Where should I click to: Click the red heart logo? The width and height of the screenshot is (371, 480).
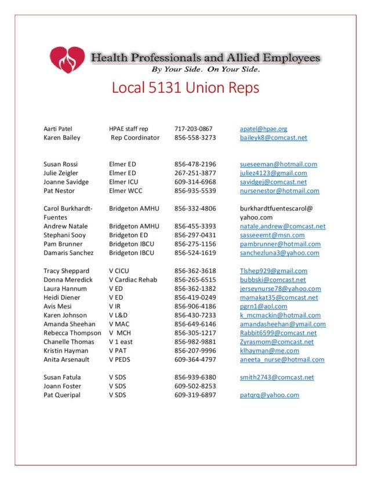pos(67,60)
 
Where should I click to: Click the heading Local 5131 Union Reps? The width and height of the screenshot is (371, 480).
pos(185,88)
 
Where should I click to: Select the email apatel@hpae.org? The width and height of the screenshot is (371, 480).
pos(263,129)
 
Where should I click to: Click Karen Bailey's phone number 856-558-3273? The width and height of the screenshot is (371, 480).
pos(195,138)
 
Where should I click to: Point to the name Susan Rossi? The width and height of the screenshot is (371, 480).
pos(60,165)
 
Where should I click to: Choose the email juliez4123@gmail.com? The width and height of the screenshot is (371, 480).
pos(273,173)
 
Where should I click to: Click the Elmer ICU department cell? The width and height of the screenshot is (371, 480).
pos(123,182)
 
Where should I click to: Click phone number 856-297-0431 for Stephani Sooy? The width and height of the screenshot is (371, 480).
pos(195,235)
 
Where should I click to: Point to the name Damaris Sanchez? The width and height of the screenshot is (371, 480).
pos(68,253)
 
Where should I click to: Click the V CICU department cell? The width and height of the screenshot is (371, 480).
pos(119,271)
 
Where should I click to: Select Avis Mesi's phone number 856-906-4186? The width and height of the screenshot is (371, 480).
pos(195,307)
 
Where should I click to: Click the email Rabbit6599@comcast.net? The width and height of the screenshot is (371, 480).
pos(278,333)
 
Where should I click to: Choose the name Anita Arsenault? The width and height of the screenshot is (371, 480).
pos(67,360)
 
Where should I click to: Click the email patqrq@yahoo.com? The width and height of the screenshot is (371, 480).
pos(269,395)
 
